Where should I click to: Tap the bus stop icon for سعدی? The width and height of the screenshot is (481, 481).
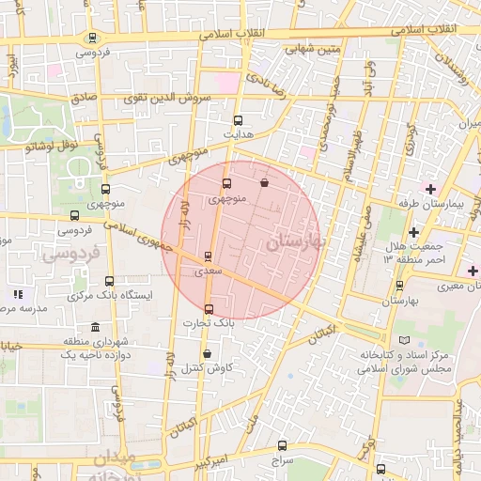click(x=208, y=256)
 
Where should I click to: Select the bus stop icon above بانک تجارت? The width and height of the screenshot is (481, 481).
click(x=208, y=309)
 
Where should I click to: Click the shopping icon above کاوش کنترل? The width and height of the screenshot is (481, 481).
click(x=207, y=354)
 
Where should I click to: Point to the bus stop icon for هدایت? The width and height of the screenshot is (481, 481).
click(x=237, y=120)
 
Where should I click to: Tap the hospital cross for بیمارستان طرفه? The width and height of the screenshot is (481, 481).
click(x=430, y=190)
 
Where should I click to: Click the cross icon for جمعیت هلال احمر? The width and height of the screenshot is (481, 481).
click(x=412, y=231)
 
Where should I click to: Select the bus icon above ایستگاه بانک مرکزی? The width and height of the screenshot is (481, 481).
click(x=109, y=280)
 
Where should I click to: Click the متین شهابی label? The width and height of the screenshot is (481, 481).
click(x=287, y=46)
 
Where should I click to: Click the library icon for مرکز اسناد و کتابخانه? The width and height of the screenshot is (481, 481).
click(x=404, y=339)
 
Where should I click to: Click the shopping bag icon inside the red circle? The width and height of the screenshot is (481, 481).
click(x=263, y=183)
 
